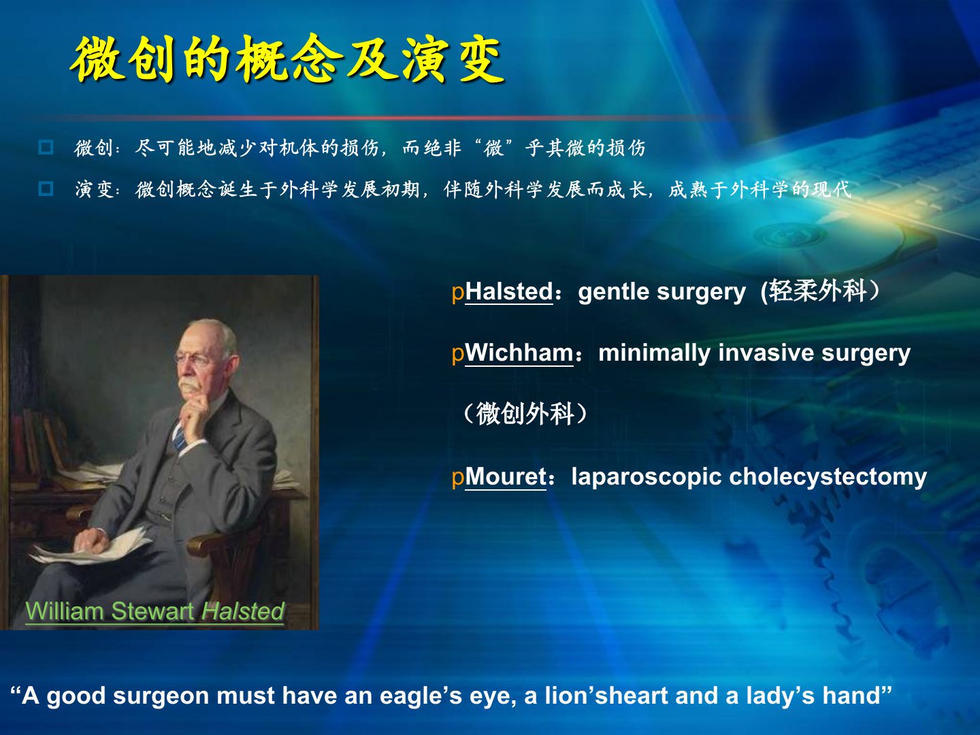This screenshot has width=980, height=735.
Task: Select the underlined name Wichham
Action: click(519, 353)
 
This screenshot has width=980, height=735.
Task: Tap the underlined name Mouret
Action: click(506, 476)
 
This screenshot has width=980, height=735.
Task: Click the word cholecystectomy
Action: click(828, 478)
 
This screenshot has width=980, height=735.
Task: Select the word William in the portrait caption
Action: click(65, 610)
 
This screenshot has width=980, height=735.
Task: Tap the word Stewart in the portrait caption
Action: click(152, 610)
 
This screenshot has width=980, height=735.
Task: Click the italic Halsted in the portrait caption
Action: click(242, 610)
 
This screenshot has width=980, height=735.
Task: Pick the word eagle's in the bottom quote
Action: click(421, 696)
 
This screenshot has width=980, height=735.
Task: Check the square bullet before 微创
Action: click(46, 147)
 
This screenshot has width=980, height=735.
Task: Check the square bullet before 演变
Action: click(46, 189)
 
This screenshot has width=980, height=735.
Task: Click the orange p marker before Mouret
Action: click(457, 478)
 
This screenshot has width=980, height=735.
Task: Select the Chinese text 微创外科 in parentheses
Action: click(525, 414)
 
